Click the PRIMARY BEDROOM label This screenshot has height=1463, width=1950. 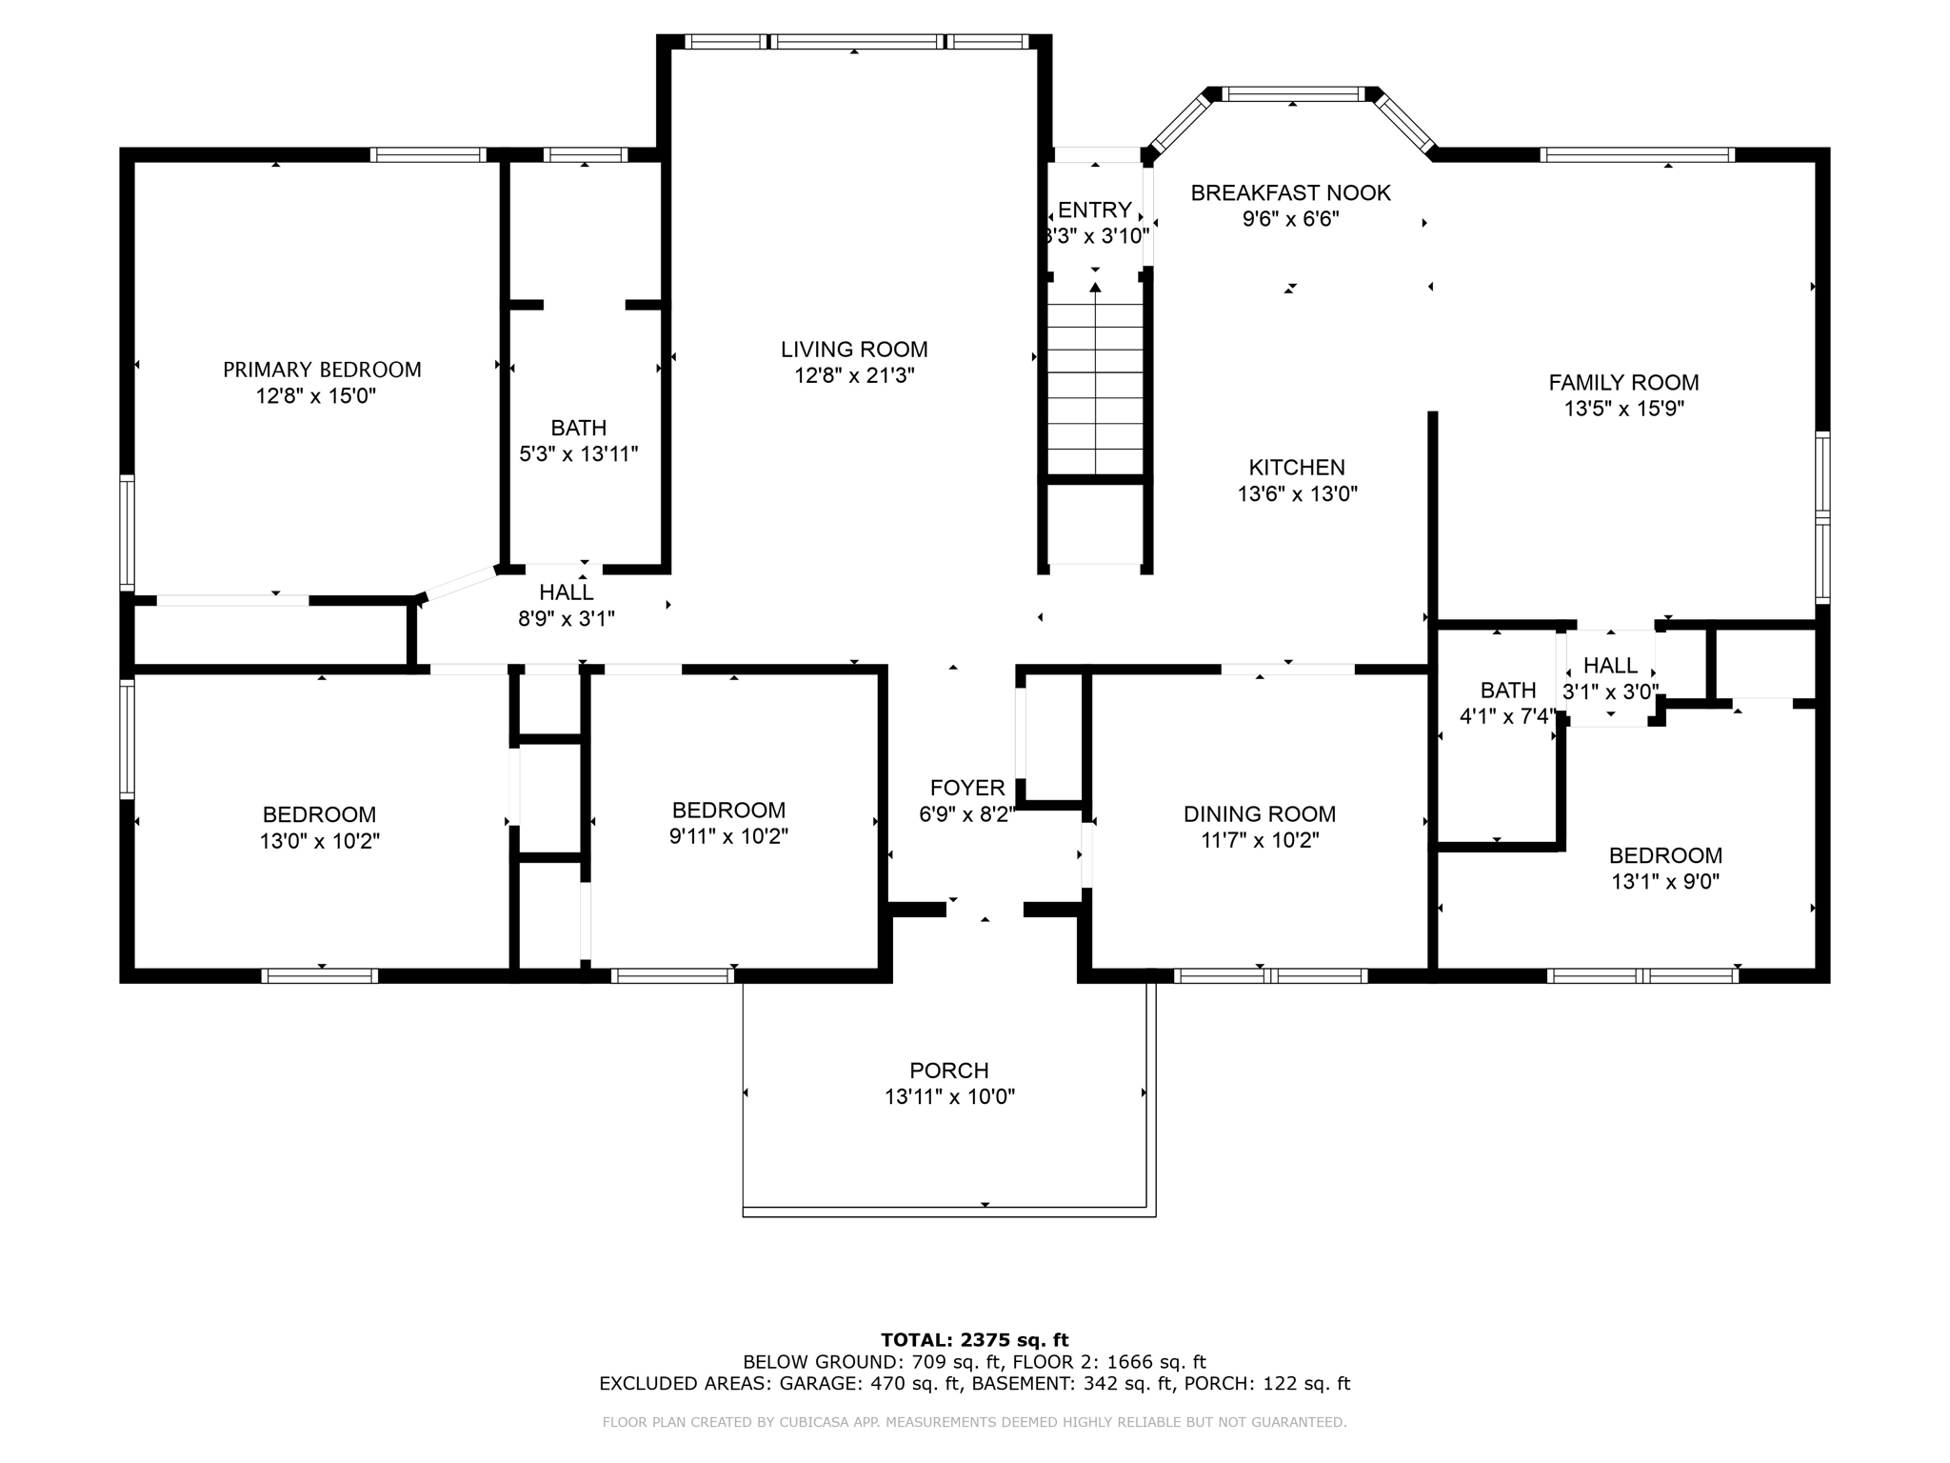click(322, 370)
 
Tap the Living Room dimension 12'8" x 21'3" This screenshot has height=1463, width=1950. click(854, 376)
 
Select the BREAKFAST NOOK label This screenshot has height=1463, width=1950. click(1290, 193)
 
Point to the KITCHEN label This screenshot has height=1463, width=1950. click(1297, 468)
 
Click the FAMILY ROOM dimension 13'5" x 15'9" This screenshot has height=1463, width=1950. click(1623, 410)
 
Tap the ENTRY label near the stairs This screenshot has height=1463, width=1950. click(1094, 210)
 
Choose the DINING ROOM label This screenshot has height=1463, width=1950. click(1259, 814)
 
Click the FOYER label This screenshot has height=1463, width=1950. click(967, 788)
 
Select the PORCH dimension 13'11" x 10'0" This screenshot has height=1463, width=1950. click(949, 1097)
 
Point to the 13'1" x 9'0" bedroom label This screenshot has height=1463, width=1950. click(1665, 855)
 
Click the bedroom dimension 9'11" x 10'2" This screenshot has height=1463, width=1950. click(728, 837)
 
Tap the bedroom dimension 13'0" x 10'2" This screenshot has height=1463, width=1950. click(319, 842)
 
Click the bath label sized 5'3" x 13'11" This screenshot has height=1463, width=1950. click(578, 428)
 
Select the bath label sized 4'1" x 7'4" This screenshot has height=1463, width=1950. click(1507, 691)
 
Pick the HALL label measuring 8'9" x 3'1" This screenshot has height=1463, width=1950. click(566, 592)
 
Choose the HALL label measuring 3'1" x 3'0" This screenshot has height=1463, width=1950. click(1610, 666)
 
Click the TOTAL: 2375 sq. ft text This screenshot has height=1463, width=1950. click(974, 1340)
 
